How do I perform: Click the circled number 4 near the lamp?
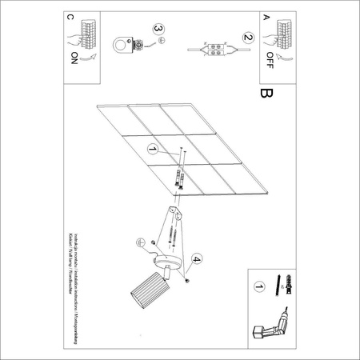tap(197, 258)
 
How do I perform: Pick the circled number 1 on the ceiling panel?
tap(151, 149)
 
